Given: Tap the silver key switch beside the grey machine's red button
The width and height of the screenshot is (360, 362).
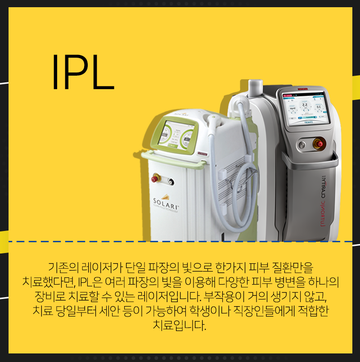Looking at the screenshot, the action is tap(302, 144).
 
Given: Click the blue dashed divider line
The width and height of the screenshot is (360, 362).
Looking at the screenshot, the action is tap(180, 242).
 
